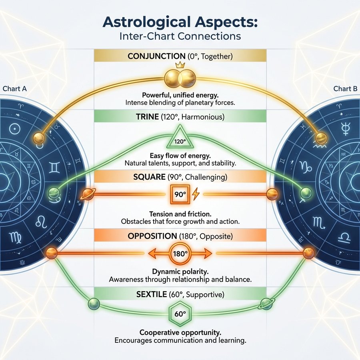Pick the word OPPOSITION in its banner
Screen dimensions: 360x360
pyautogui.click(x=152, y=236)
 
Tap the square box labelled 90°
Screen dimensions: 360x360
pyautogui.click(x=179, y=195)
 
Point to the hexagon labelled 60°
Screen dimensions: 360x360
pyautogui.click(x=180, y=313)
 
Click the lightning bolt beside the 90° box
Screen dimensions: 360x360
pyautogui.click(x=196, y=195)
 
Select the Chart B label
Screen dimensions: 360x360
pyautogui.click(x=345, y=89)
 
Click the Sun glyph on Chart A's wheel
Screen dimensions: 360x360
pyautogui.click(x=15, y=129)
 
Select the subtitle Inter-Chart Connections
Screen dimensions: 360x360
pyautogui.click(x=180, y=36)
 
